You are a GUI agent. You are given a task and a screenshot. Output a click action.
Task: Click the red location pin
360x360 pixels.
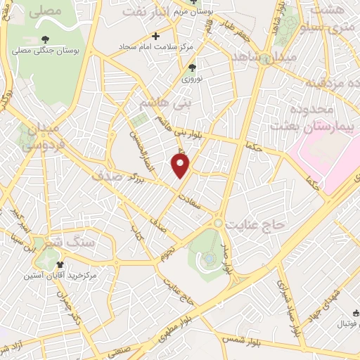click(x=181, y=166)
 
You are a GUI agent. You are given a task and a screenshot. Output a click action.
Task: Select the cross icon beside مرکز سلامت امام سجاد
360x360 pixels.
click(x=156, y=36)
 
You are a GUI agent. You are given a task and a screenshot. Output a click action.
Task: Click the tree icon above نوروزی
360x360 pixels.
click(x=192, y=67)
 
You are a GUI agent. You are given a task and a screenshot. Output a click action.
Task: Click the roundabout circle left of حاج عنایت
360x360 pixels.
click(x=219, y=224)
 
